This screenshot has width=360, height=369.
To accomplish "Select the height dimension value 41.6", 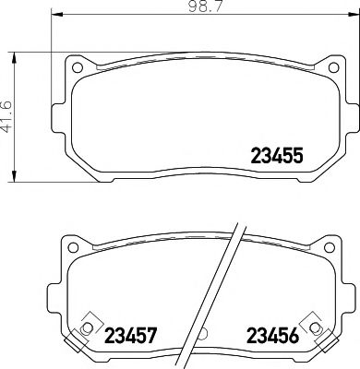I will click(7, 117).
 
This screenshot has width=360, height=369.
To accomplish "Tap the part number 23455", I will click(277, 157).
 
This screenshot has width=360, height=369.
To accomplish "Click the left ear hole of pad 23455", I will click(79, 68).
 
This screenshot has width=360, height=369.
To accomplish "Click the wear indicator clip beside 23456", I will click(318, 325).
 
